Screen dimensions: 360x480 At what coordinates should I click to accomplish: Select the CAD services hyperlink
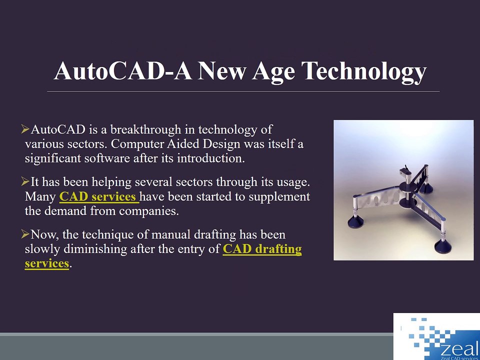point(98,196)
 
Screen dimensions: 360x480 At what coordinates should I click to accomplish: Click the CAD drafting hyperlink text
point(262,249)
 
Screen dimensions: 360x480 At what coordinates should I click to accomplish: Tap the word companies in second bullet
point(152,211)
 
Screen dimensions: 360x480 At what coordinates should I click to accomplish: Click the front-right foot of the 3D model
point(442,246)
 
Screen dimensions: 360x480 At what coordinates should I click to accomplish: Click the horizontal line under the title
point(243,91)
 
